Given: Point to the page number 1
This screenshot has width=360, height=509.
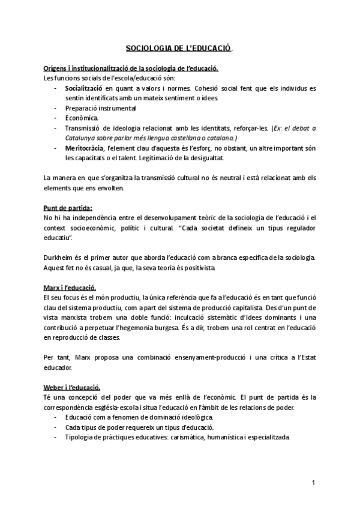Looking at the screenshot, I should coord(313,483).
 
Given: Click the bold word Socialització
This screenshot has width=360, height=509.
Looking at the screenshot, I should coord(86,88).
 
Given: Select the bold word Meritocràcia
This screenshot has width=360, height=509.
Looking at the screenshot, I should coord(85,148).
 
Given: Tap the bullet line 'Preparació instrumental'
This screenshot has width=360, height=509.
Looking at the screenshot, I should coord(101,108).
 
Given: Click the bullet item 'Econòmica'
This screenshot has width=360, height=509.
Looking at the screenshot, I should coord(82,118).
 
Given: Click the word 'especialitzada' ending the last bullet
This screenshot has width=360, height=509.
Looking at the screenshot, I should coord(268,437).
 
